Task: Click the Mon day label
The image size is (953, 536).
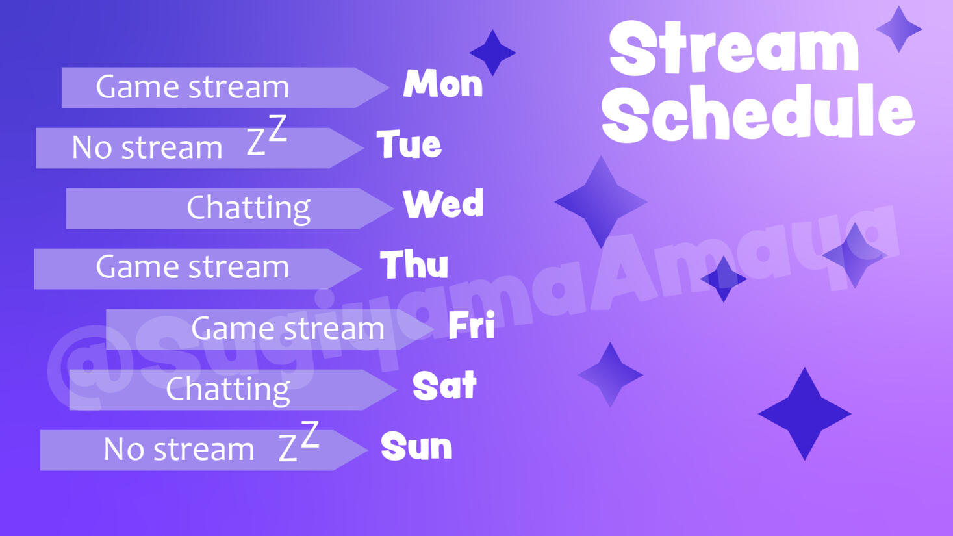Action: point(443,84)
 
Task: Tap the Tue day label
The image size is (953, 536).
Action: point(409,144)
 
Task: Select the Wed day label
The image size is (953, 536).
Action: point(443,204)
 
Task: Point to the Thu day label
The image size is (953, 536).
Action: point(414,265)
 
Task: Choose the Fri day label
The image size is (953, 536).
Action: point(472,325)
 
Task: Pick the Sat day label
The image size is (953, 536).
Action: point(444,386)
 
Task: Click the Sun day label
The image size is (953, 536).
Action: point(416,447)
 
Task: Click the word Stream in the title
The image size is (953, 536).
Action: point(734,49)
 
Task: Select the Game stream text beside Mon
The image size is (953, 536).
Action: point(192,87)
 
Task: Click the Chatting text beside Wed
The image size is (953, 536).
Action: point(248,208)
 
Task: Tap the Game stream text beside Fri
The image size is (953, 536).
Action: point(288,329)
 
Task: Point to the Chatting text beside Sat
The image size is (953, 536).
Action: point(227,389)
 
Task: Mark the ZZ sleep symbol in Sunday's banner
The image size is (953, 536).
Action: point(299,442)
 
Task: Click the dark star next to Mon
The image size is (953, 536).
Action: point(492,53)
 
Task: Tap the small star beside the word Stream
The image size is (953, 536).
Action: point(899,29)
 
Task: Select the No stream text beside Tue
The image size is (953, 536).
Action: point(147,147)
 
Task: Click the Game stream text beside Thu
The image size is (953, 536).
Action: point(192,267)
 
